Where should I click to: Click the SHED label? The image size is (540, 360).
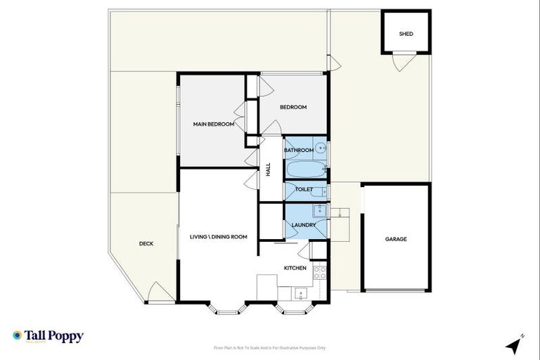pos(406,33)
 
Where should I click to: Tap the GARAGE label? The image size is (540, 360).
pos(396,239)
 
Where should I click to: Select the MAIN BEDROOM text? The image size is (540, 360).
pos(213,124)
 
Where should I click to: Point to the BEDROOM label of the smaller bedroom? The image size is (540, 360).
pos(293,107)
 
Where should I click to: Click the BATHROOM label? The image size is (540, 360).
pos(299,150)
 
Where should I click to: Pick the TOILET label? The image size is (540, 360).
pos(304,189)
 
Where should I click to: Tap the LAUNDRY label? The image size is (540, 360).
pos(304,225)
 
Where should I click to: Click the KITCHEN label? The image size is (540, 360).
pos(295,268)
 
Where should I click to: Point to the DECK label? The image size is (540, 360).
pos(146,243)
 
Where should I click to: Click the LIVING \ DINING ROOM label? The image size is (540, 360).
pos(219,237)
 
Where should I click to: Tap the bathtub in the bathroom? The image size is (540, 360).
pos(305,170)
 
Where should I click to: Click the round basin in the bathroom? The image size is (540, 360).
pos(321,148)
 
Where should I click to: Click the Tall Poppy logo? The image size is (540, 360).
pos(48,336)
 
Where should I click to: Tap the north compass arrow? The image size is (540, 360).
pos(515,345)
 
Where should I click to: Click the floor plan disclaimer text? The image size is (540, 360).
pos(269,347)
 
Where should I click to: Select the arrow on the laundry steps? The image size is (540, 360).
pos(338,214)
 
